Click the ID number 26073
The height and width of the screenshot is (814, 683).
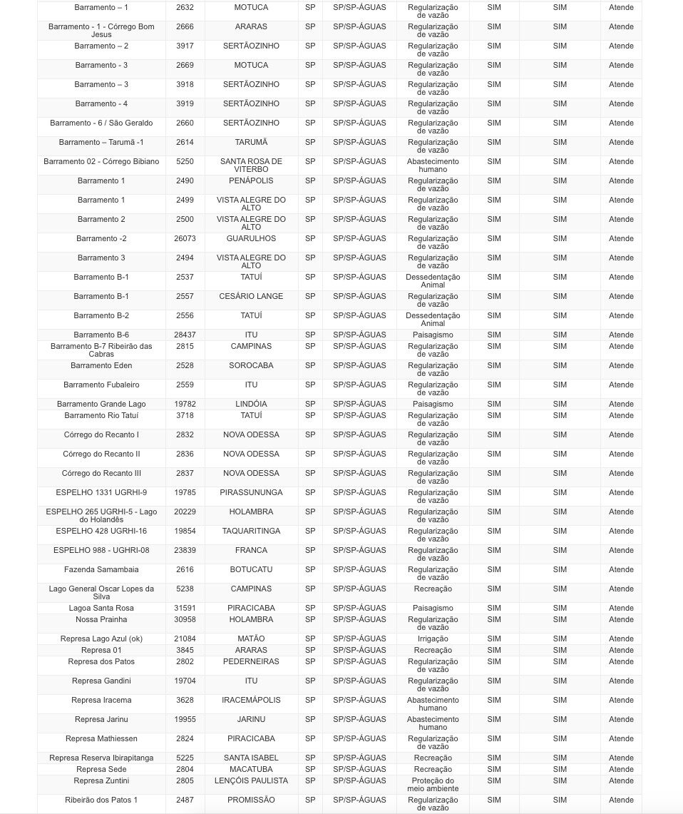pos(185,238)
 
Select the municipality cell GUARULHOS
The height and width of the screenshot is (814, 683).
pos(251,238)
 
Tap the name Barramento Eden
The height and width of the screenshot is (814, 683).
pos(101,365)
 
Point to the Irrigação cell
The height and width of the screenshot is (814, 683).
pos(433,639)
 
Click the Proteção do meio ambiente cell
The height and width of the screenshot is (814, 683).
pos(433,785)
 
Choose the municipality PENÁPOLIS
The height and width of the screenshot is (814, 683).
pos(251,180)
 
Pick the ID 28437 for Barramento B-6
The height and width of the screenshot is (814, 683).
pos(185,335)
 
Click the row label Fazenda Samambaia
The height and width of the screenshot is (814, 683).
pos(101,569)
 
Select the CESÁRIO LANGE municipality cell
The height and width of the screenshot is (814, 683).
pos(251,296)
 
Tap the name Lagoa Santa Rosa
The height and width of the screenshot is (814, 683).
pos(101,608)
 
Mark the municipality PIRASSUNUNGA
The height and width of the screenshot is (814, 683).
pos(251,492)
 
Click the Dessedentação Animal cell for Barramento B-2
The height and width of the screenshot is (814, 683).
pos(433,319)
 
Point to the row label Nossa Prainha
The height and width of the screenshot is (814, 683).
pos(101,619)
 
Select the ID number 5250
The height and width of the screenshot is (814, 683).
pos(185,161)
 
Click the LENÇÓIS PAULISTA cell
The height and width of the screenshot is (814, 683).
pos(251,780)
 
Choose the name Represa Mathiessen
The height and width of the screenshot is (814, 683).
pos(101,738)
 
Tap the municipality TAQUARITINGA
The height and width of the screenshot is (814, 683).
pos(251,531)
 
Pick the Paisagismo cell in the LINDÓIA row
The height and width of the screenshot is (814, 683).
pos(433,404)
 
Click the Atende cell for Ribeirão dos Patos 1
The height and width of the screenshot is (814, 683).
pos(621,800)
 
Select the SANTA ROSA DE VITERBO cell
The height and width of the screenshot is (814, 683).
pos(251,166)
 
